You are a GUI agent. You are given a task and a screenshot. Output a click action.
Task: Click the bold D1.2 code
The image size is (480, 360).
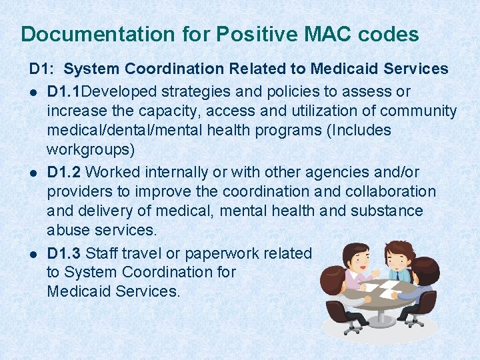pyautogui.click(x=65, y=172)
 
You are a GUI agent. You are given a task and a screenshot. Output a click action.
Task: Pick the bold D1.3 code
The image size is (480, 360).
pyautogui.click(x=65, y=253)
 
